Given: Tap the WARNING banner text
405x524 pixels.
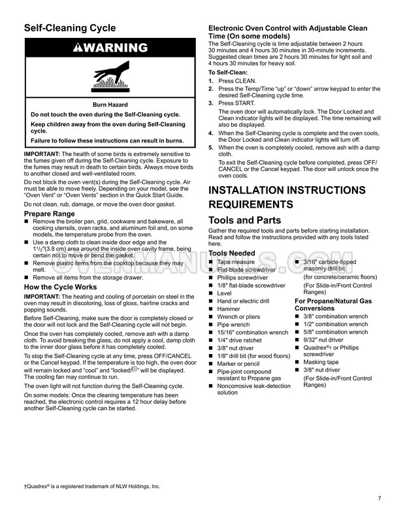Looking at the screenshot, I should pyautogui.click(x=110, y=47).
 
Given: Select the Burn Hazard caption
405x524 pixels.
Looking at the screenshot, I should pyautogui.click(x=110, y=103).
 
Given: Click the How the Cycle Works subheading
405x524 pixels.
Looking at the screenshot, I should pyautogui.click(x=60, y=287).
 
